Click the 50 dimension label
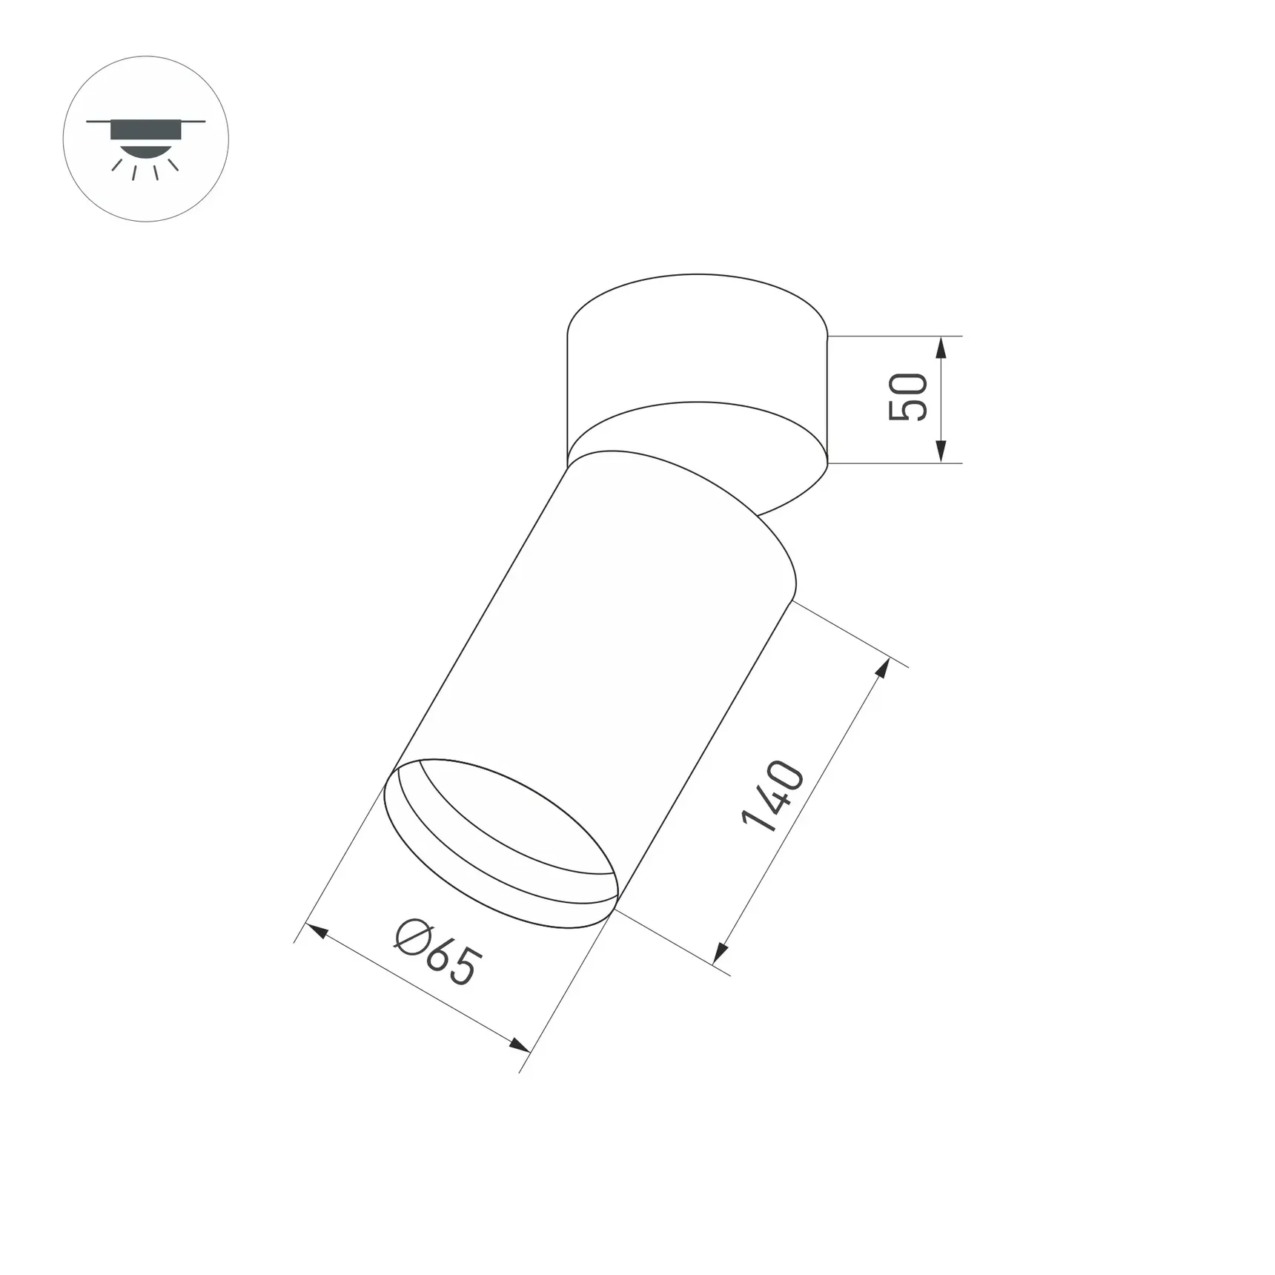point(908,398)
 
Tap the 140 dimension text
point(772,796)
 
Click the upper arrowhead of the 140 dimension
point(883,667)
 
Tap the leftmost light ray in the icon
point(117,165)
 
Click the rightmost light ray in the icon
point(173,165)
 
